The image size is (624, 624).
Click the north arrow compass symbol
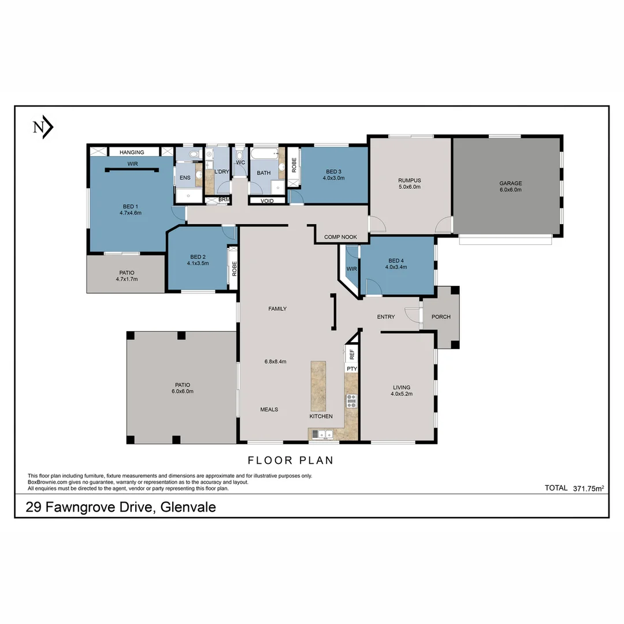pyautogui.click(x=43, y=128)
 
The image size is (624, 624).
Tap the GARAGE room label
pyautogui.click(x=510, y=184)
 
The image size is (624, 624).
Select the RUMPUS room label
pyautogui.click(x=409, y=180)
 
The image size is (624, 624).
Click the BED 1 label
pyautogui.click(x=129, y=207)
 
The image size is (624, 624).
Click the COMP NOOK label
pyautogui.click(x=340, y=237)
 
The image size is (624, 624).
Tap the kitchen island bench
pyautogui.click(x=318, y=386)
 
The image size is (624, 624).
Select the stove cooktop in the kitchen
pyautogui.click(x=351, y=400)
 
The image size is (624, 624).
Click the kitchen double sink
pyautogui.click(x=323, y=434)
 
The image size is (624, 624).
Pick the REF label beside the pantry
pyautogui.click(x=351, y=354)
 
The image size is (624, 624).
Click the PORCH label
pyautogui.click(x=440, y=317)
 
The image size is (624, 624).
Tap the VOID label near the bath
pyautogui.click(x=267, y=201)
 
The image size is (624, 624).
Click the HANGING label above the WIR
pyautogui.click(x=132, y=152)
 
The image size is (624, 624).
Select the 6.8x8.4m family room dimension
pyautogui.click(x=275, y=362)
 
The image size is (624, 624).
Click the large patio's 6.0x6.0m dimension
pyautogui.click(x=182, y=391)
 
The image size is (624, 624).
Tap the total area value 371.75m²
pyautogui.click(x=588, y=488)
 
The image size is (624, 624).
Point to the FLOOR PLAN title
pyautogui.click(x=291, y=460)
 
